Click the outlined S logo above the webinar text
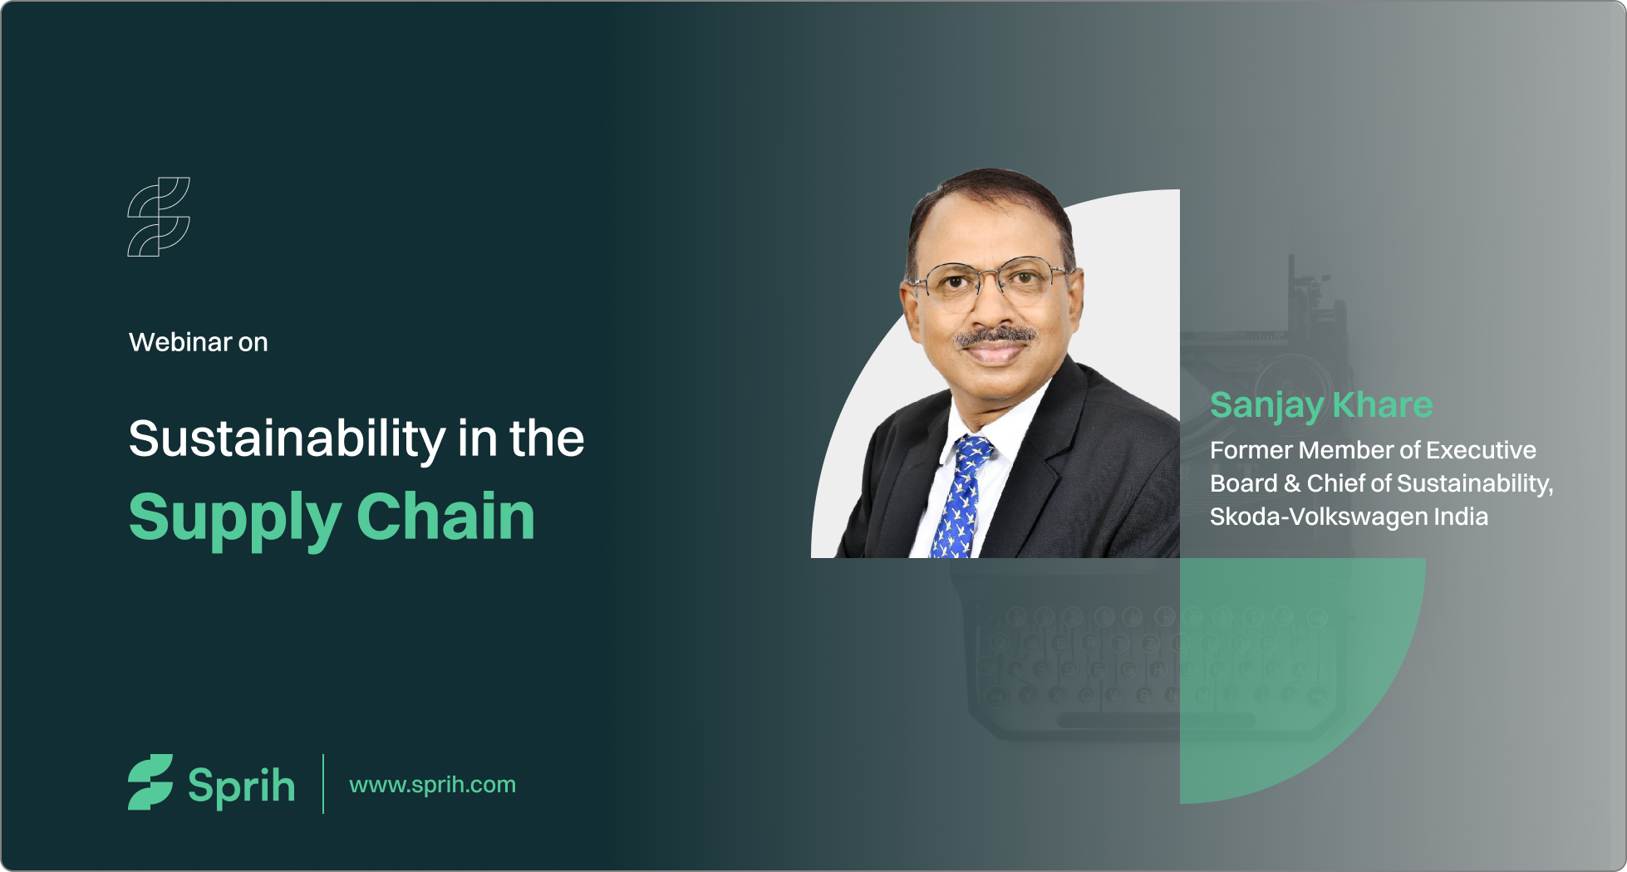click(159, 217)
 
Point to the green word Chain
click(446, 516)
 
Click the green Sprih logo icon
click(150, 781)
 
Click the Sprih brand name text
click(241, 786)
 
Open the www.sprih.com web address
click(433, 785)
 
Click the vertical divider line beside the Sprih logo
click(323, 783)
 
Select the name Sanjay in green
click(1266, 407)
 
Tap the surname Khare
click(1383, 404)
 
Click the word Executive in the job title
click(1482, 450)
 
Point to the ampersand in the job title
click(1292, 483)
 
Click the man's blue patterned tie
click(962, 497)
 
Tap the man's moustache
click(995, 336)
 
